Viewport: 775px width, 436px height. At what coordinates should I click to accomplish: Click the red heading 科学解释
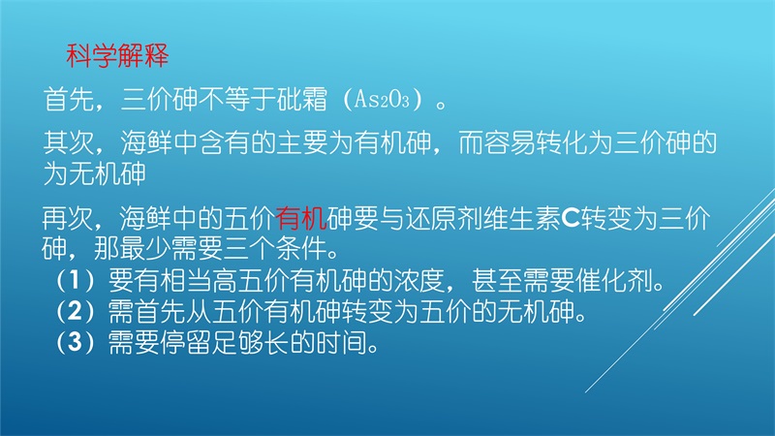117,55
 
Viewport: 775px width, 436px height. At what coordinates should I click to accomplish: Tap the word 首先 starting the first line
69,100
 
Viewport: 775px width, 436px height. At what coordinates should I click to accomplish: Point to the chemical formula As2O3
382,100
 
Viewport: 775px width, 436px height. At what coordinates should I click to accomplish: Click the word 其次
69,142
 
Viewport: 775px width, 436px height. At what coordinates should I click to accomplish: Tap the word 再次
68,218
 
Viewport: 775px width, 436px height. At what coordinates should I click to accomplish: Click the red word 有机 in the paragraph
301,218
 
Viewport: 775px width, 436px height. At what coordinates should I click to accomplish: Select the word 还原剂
444,218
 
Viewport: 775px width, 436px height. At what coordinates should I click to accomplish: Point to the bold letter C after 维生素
571,218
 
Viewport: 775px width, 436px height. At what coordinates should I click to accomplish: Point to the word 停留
185,342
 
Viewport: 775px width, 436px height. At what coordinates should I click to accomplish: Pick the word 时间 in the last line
342,342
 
